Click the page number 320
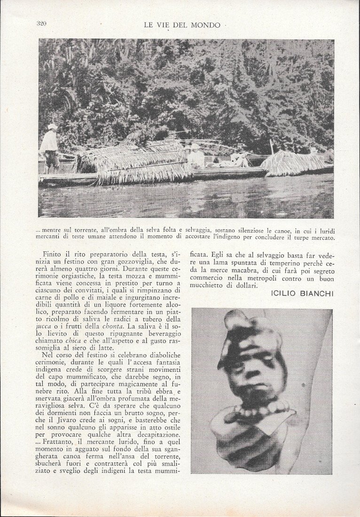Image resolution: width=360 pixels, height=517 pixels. tap(41, 23)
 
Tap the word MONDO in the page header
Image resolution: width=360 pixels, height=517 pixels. tap(206, 25)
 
